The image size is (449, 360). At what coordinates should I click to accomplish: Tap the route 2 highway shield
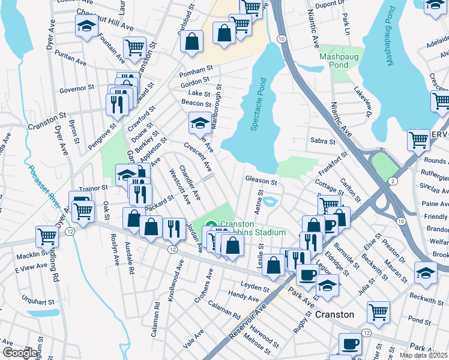pyautogui.click(x=391, y=181)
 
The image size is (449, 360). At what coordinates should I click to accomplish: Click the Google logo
pyautogui.click(x=19, y=353)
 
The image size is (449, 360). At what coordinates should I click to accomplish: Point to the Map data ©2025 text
pyautogui.click(x=423, y=355)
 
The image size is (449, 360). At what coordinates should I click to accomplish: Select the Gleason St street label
pyautogui.click(x=261, y=181)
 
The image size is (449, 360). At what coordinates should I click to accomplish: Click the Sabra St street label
pyautogui.click(x=322, y=142)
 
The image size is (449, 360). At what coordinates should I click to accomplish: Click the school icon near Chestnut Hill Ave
pyautogui.click(x=86, y=26)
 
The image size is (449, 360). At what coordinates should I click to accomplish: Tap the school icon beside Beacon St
pyautogui.click(x=200, y=123)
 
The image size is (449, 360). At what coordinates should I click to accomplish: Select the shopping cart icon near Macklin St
pyautogui.click(x=46, y=236)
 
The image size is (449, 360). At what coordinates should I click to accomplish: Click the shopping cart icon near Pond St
pyautogui.click(x=378, y=311)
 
